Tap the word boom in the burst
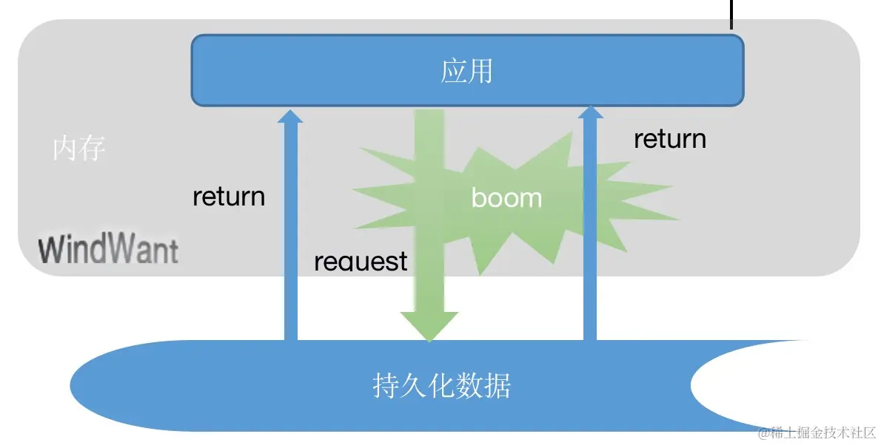506,197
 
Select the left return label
228,197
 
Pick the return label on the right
669,139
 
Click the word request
361,261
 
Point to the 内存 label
79,149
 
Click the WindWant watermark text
108,250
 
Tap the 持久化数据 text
442,386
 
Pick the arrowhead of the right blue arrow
590,112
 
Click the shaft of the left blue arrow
290,237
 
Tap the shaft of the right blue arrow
590,237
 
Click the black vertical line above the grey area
731,13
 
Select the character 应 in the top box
454,72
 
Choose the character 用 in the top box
480,72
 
